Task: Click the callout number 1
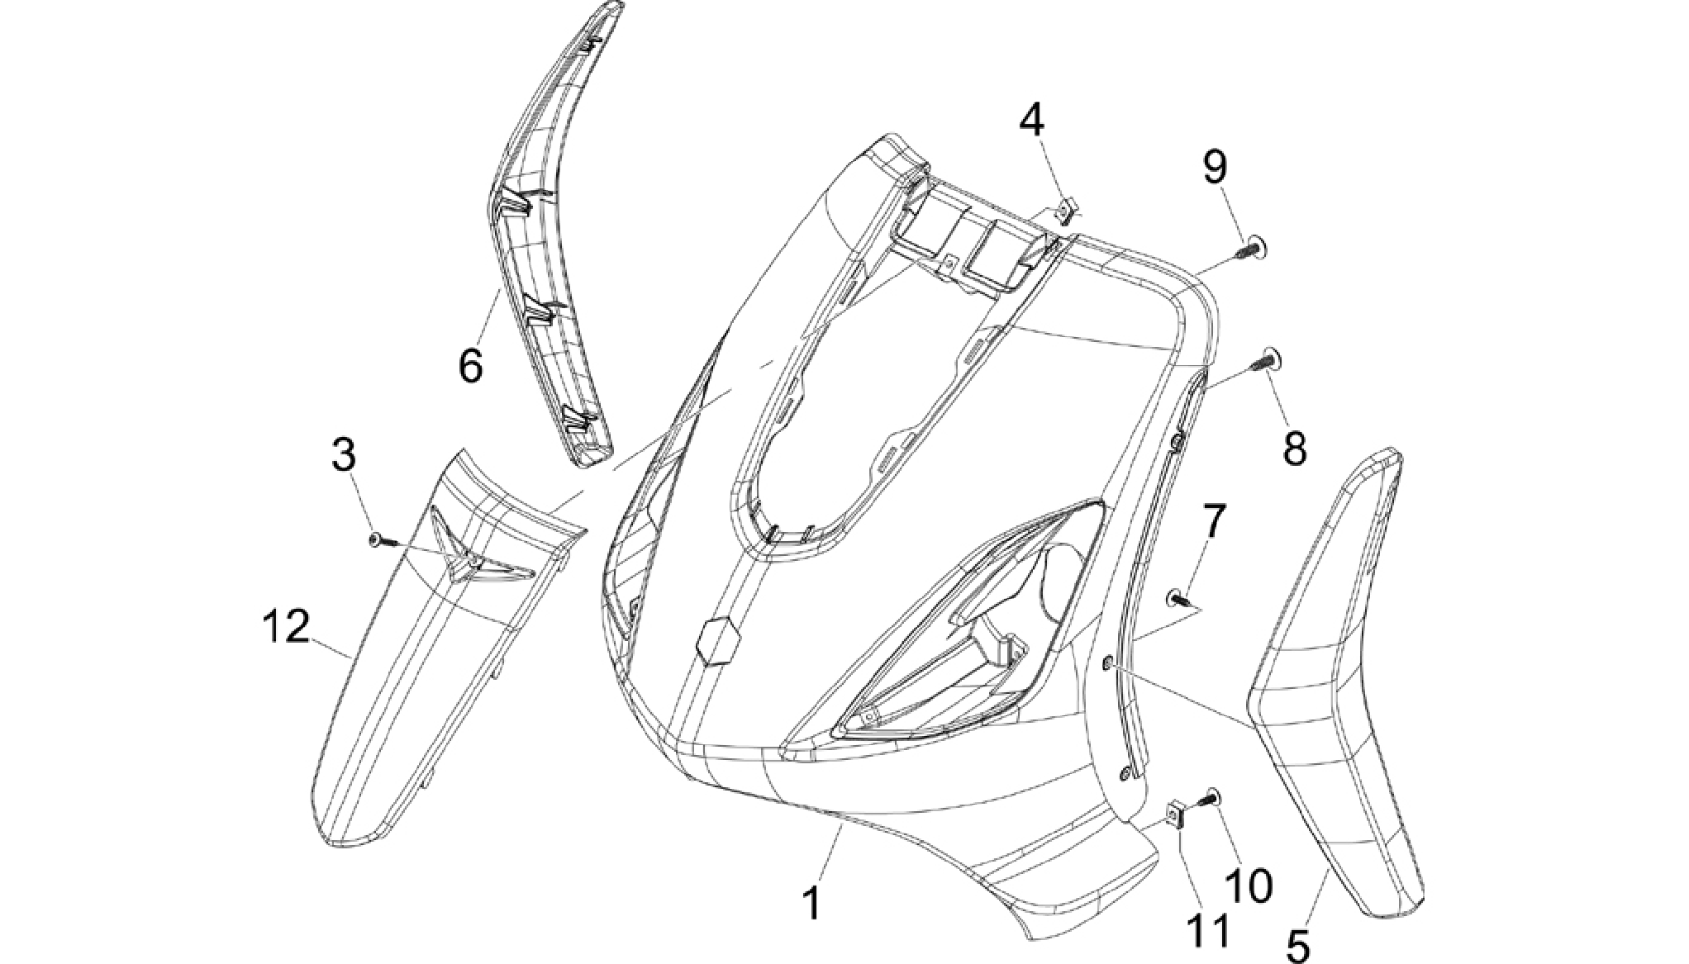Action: [x=814, y=904]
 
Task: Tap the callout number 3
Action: [x=344, y=455]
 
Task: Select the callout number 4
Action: [x=1031, y=121]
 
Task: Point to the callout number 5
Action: [x=1299, y=944]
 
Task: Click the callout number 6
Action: [x=471, y=365]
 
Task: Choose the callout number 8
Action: [x=1294, y=449]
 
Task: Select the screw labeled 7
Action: [x=1179, y=597]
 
